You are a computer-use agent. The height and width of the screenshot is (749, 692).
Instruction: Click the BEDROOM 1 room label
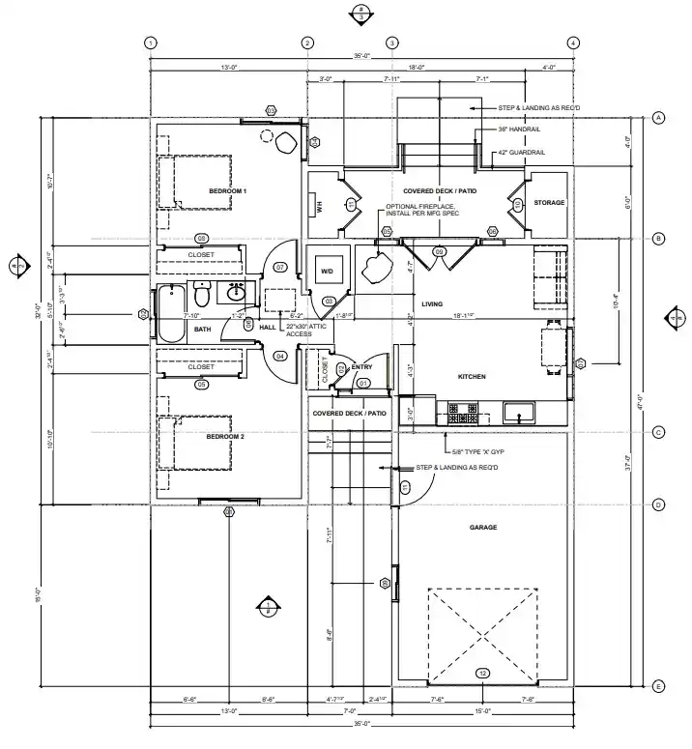point(228,191)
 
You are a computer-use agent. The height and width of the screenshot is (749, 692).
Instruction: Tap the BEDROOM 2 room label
point(226,437)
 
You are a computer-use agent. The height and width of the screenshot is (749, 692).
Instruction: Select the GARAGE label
point(482,528)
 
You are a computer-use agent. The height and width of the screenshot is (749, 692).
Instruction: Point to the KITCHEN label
point(471,376)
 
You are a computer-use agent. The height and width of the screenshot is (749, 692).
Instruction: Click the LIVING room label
point(432,304)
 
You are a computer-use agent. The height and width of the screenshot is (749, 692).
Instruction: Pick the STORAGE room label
point(549,203)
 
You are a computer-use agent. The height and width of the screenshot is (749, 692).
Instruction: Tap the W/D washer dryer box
point(327,273)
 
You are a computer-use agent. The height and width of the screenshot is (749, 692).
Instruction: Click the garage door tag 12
point(482,673)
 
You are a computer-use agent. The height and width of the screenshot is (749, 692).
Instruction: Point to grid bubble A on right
point(658,117)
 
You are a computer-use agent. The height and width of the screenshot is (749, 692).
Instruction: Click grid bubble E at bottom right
point(658,686)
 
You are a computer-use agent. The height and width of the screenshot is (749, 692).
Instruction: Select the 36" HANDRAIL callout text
point(520,130)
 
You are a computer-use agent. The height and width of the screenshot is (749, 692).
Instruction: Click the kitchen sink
point(520,415)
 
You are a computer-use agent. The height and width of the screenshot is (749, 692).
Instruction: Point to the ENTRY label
point(362,367)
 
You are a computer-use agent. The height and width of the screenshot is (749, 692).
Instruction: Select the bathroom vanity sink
point(235,293)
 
